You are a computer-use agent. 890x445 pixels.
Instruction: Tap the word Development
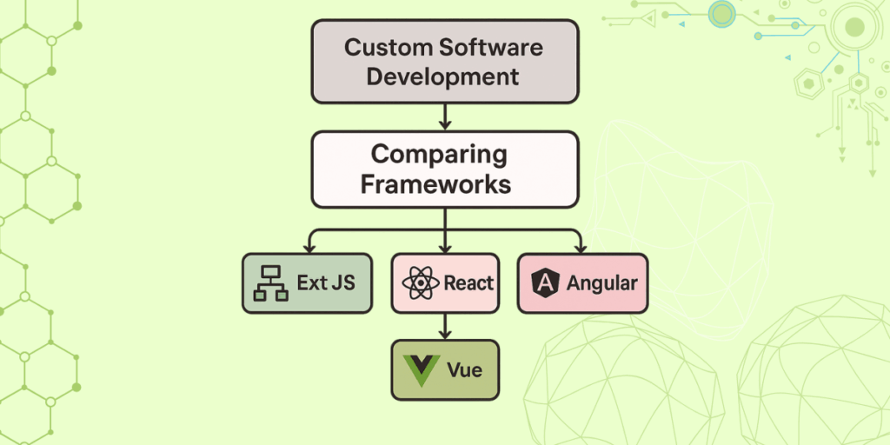coord(442,76)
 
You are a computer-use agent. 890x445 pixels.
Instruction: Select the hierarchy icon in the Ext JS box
coord(270,283)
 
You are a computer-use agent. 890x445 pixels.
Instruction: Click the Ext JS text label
coord(325,283)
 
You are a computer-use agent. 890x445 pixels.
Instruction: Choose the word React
coord(468,283)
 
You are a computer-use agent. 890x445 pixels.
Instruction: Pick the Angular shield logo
coord(545,283)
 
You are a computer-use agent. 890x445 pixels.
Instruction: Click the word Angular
coord(601,283)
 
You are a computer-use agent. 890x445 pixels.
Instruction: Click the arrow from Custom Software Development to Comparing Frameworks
coord(445,115)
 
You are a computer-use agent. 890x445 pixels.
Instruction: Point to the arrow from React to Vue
coord(445,326)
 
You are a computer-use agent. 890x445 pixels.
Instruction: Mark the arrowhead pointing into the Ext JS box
coord(309,248)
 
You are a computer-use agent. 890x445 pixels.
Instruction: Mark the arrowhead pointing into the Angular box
coord(581,248)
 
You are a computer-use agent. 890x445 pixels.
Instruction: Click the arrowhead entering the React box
coord(445,248)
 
